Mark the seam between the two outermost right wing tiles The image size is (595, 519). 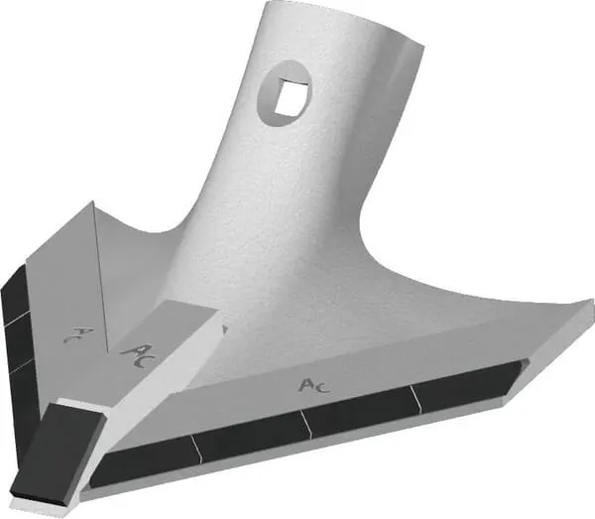click(x=412, y=397)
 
